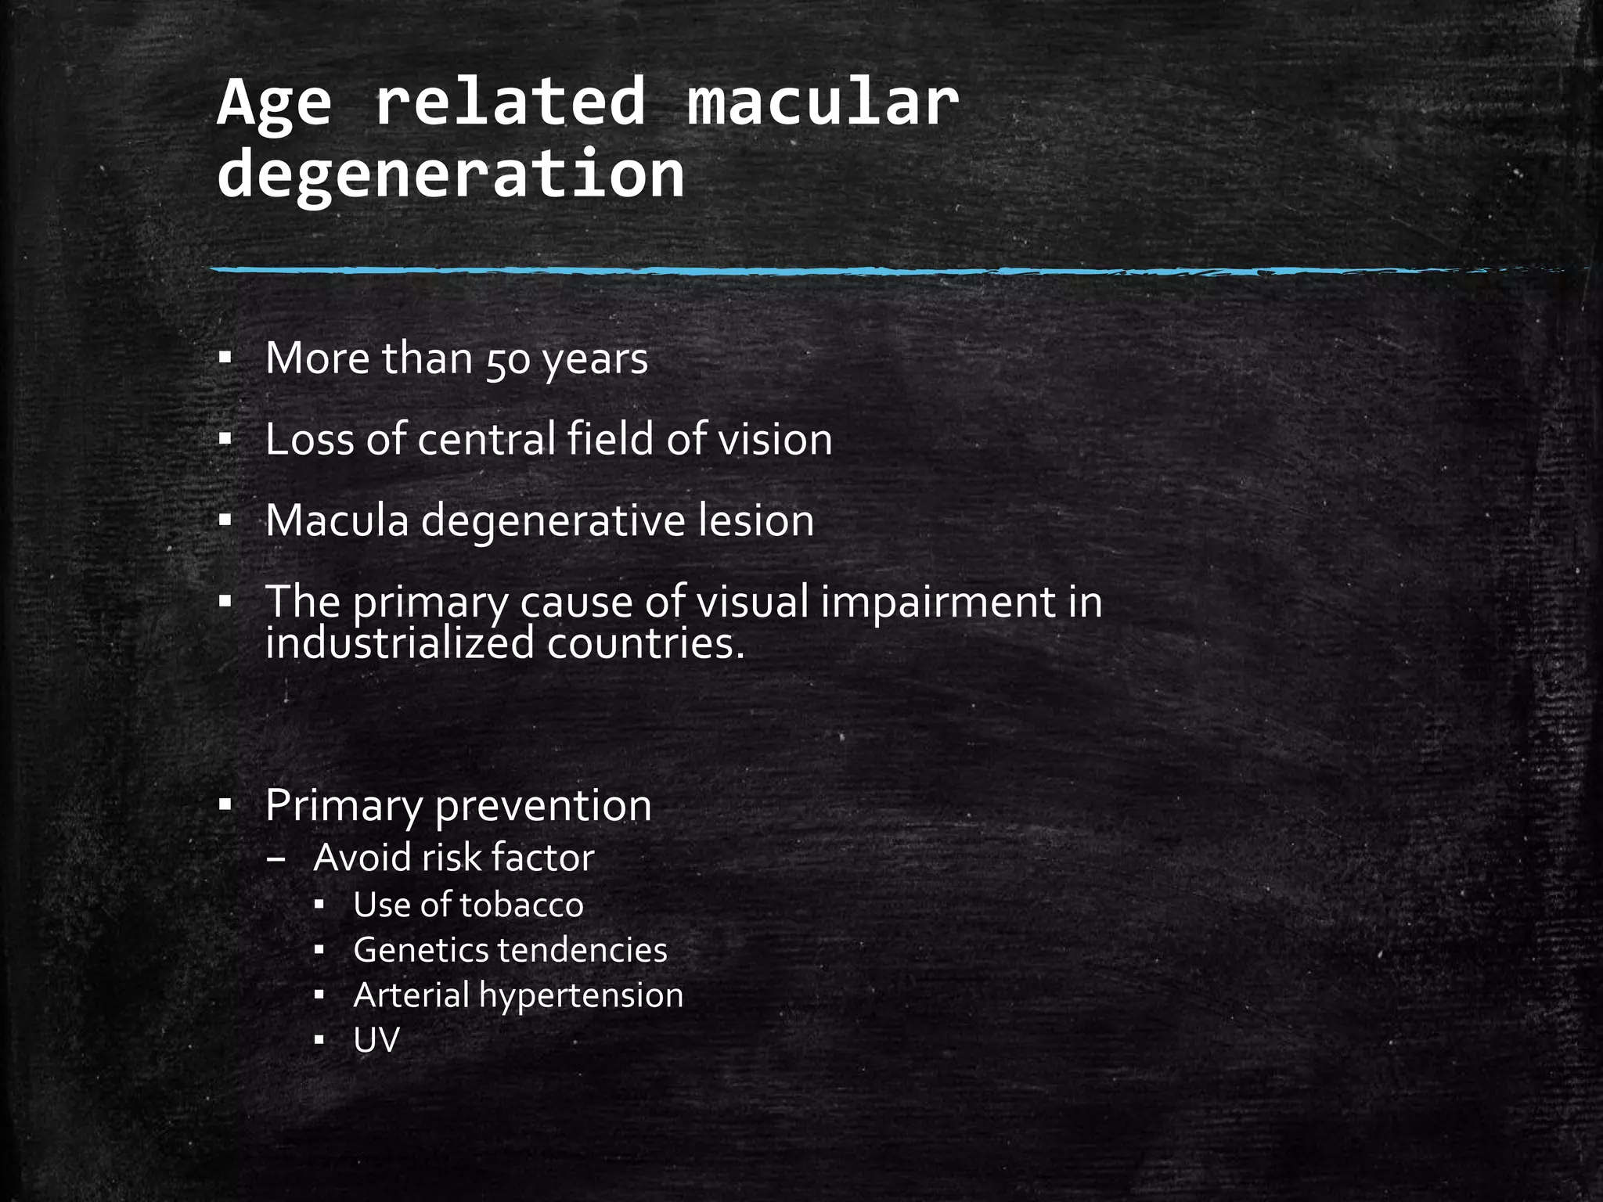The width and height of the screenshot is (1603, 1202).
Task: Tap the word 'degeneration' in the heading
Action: pos(451,175)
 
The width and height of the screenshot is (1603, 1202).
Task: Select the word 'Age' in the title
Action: pos(275,105)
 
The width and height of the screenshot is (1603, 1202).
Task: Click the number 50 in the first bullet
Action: pos(508,361)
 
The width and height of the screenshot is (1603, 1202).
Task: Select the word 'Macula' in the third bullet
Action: pos(337,520)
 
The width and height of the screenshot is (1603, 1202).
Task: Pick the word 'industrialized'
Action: pos(400,643)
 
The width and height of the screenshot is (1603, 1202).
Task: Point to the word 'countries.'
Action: pos(646,643)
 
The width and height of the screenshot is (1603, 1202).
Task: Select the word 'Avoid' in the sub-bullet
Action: pos(362,858)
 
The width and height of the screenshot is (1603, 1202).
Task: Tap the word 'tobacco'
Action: pos(521,905)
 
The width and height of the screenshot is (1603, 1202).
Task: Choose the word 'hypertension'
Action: pos(581,996)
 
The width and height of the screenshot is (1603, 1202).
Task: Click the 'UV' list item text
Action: pos(376,1041)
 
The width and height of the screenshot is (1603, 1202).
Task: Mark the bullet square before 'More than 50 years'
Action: pos(225,360)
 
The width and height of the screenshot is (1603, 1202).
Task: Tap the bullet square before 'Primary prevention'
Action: pos(225,805)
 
